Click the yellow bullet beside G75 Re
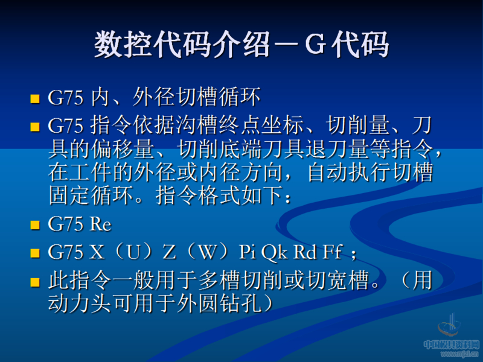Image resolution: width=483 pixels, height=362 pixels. [34, 226]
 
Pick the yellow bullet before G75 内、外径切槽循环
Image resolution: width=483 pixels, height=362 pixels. [34, 98]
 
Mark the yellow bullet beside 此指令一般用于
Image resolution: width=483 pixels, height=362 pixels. [34, 282]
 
